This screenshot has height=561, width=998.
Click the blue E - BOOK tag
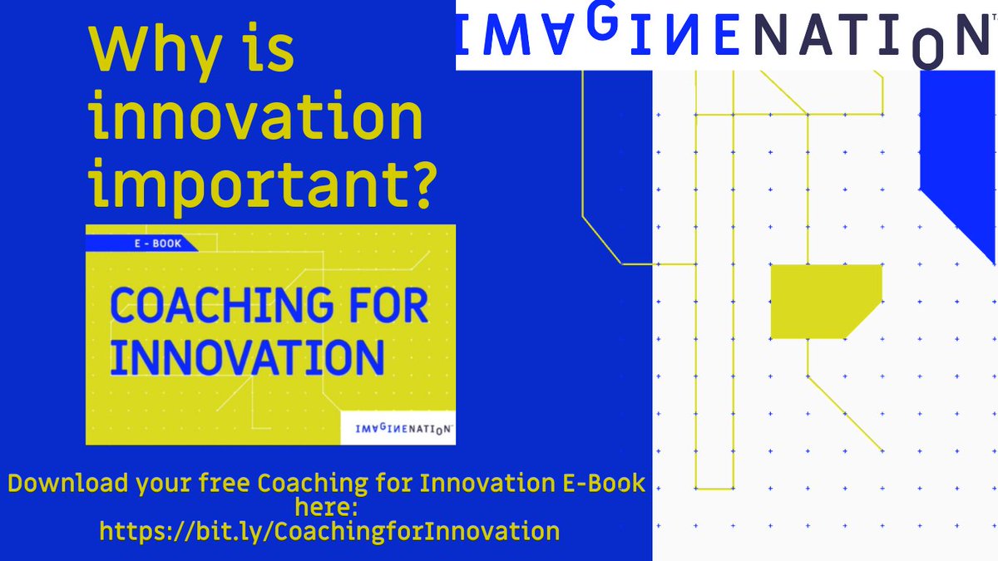click(143, 244)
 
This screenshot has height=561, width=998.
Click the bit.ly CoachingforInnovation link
click(329, 530)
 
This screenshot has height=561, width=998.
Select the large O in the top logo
click(930, 47)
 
